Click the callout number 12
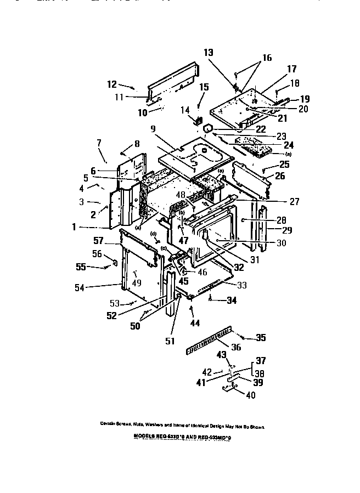(111, 84)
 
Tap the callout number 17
(291, 69)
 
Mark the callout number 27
(294, 201)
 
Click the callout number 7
(99, 143)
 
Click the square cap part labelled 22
(209, 128)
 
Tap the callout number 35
(260, 337)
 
